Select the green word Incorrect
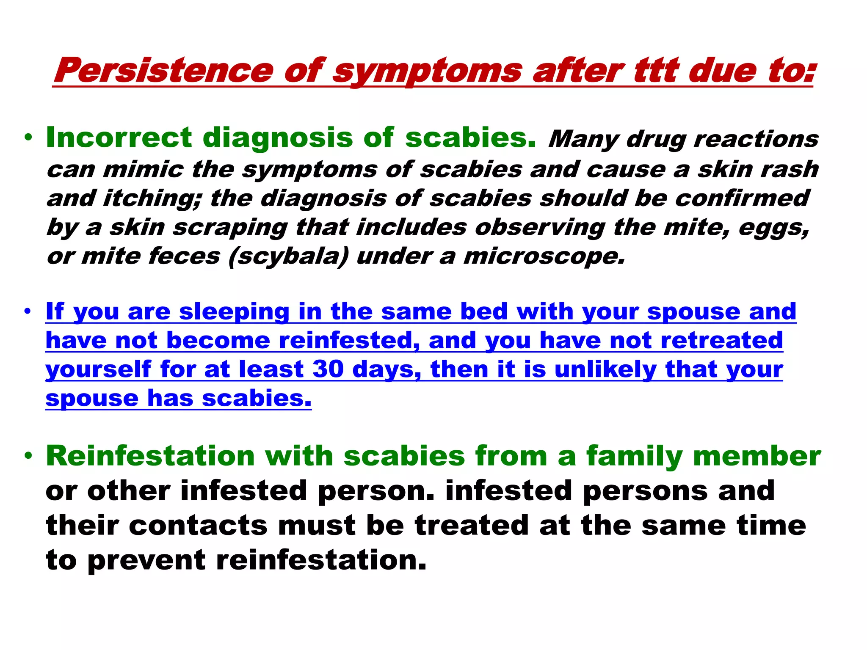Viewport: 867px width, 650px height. coord(119,138)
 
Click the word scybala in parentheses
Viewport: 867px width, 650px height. coord(288,256)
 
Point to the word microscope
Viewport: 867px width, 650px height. coord(544,256)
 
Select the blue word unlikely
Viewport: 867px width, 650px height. coord(605,369)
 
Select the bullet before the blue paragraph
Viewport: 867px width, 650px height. coord(28,312)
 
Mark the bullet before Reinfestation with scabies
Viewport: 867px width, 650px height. coord(28,456)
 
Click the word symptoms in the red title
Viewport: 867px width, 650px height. coord(427,70)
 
